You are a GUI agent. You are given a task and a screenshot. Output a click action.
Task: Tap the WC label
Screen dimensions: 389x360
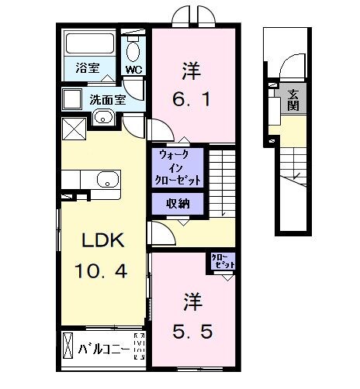click(133, 70)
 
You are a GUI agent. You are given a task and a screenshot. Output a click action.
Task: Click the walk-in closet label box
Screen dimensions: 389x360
click(179, 167)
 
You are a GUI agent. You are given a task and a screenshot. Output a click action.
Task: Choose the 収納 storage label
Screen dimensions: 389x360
click(179, 204)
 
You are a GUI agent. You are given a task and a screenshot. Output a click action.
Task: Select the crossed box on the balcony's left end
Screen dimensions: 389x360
click(68, 345)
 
